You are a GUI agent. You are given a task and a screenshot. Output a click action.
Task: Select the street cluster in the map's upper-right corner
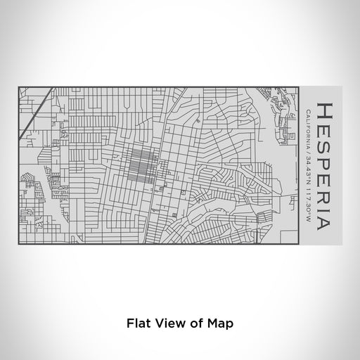tap(281, 112)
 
